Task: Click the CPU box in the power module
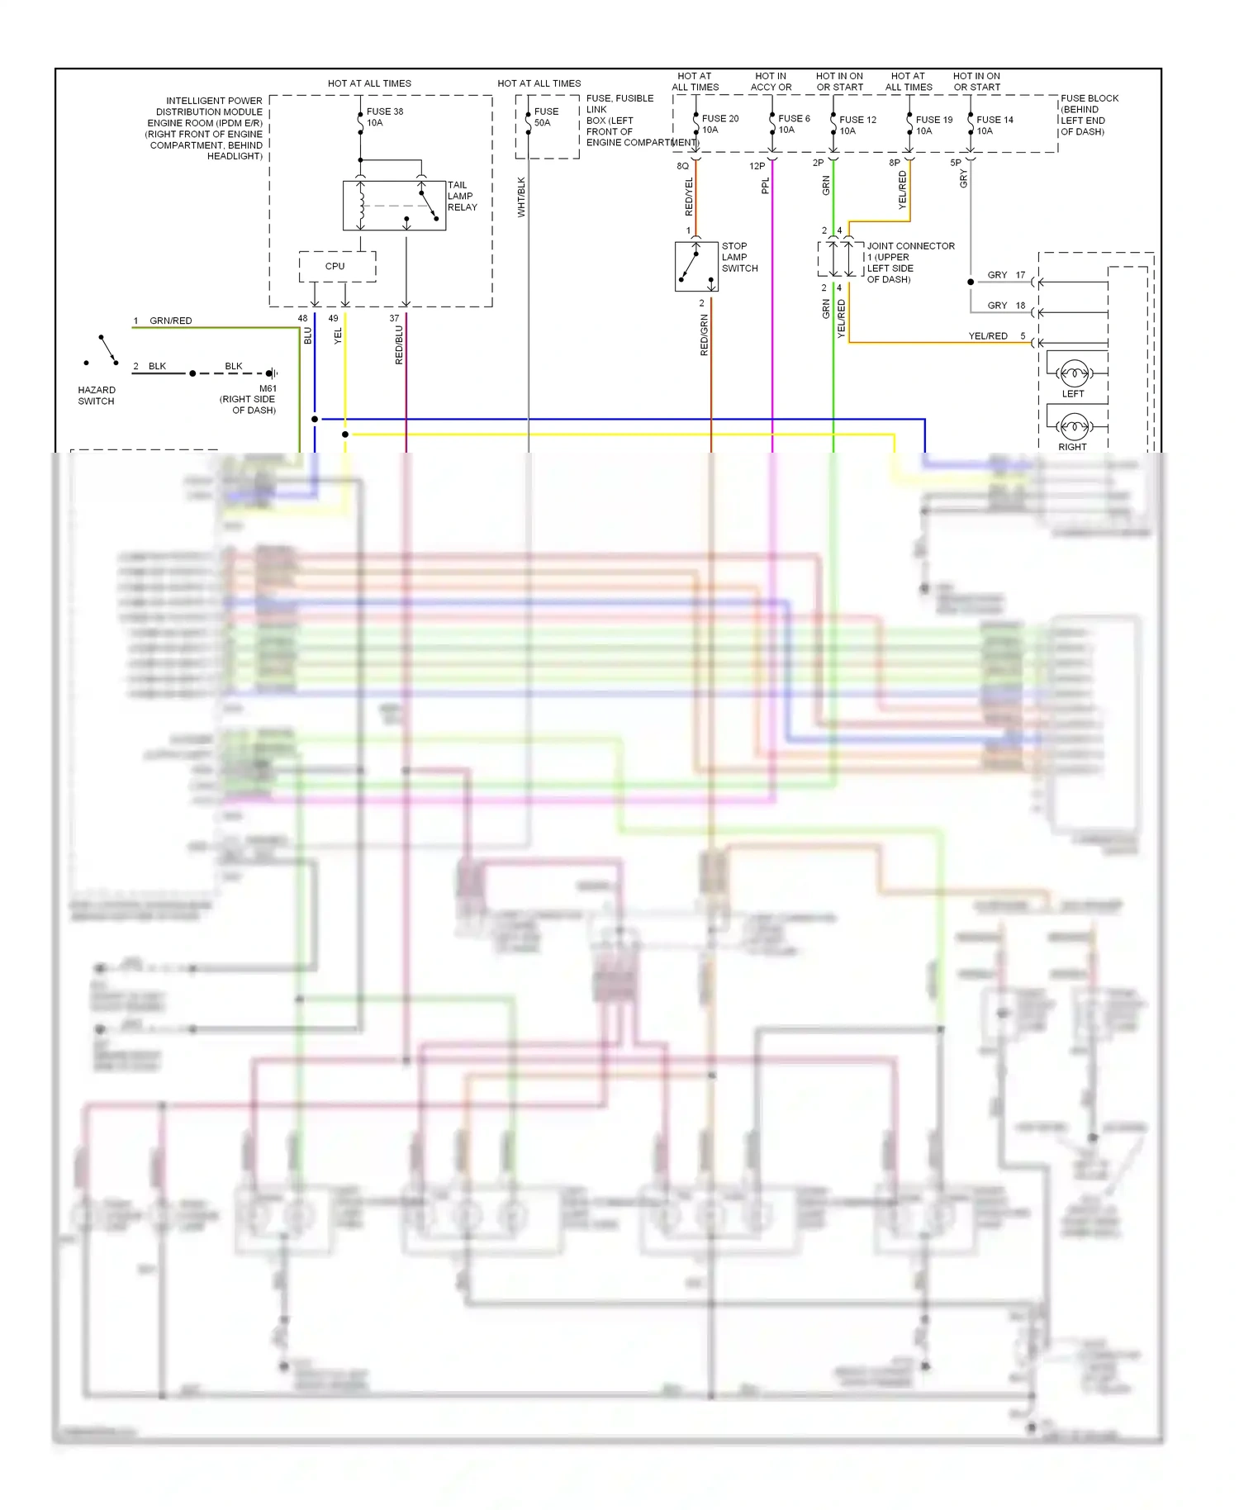[x=337, y=267]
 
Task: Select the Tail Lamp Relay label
[x=462, y=197]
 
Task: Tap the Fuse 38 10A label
[x=384, y=117]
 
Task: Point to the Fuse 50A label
[x=546, y=117]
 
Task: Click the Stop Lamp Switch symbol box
[x=696, y=267]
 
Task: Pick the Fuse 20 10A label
[x=719, y=124]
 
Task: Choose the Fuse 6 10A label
[x=794, y=124]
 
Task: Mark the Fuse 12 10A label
[x=857, y=125]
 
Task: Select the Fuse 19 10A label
[x=933, y=125]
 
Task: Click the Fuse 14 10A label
[x=995, y=125]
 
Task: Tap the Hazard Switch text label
[x=97, y=396]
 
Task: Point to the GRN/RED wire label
[x=170, y=321]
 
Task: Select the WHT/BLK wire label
[x=521, y=197]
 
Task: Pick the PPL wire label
[x=765, y=186]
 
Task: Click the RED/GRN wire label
[x=704, y=335]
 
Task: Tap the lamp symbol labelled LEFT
[x=1073, y=374]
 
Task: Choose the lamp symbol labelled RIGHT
[x=1073, y=427]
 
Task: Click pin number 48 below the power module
[x=302, y=318]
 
